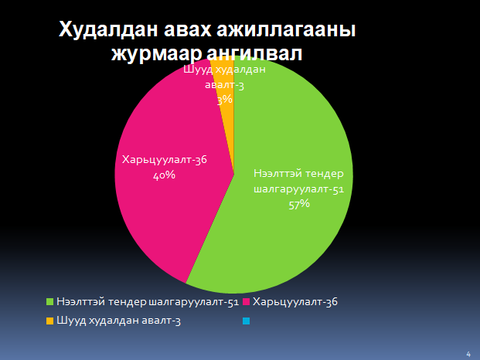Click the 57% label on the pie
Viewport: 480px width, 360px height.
299,204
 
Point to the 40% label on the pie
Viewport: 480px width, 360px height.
164,175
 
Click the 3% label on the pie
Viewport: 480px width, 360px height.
225,100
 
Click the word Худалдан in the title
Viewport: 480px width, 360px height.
108,30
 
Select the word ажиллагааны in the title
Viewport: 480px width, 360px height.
286,30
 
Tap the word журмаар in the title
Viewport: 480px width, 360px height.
156,54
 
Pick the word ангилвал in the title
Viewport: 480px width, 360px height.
254,53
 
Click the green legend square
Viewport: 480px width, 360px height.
50,302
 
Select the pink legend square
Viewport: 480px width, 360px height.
247,302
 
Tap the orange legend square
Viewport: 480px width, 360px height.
50,321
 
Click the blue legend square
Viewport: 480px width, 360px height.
247,321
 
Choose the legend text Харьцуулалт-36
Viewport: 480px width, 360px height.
295,302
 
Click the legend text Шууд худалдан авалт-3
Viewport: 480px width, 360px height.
118,321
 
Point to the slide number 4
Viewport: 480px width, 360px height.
468,354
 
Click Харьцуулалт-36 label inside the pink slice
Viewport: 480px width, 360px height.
165,159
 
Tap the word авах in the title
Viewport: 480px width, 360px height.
187,30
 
